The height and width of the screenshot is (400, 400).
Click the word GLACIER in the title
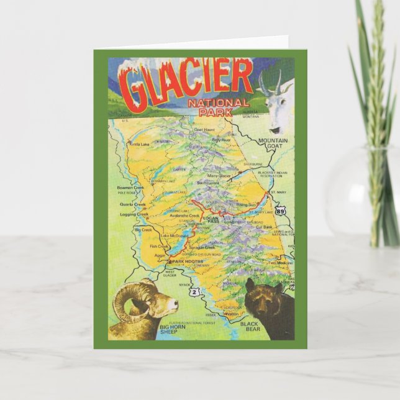pyautogui.click(x=187, y=80)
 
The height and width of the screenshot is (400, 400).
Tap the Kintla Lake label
pyautogui.click(x=139, y=144)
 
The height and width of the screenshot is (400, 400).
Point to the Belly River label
pyautogui.click(x=221, y=140)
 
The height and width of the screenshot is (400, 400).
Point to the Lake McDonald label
pyautogui.click(x=173, y=235)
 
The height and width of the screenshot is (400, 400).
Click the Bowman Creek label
pyautogui.click(x=130, y=186)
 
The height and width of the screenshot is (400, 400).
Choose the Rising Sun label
pyautogui.click(x=247, y=204)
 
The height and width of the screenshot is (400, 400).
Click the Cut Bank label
pyautogui.click(x=265, y=227)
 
